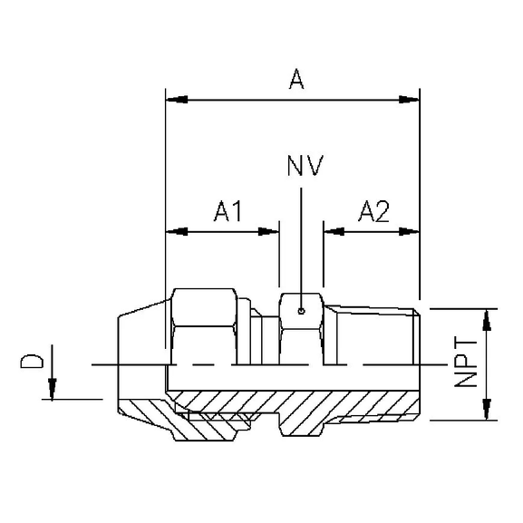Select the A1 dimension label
point(228,212)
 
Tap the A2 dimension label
point(373,212)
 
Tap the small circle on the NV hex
point(301,313)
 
